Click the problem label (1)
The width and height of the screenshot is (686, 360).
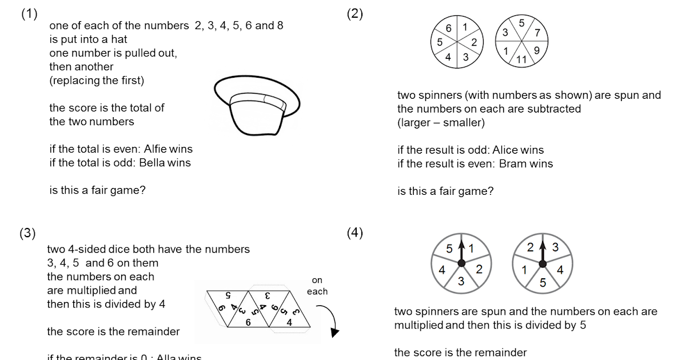[x=29, y=15]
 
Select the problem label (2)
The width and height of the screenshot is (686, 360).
[x=354, y=15]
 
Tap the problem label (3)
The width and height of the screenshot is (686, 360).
[x=27, y=233]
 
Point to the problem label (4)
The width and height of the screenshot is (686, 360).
[x=354, y=233]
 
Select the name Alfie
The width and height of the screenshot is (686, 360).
[x=153, y=149]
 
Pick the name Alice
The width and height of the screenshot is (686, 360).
[x=501, y=150]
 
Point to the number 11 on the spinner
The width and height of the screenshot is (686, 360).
[x=521, y=59]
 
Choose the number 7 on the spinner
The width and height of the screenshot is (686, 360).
[x=537, y=33]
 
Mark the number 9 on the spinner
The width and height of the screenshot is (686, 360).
[x=537, y=50]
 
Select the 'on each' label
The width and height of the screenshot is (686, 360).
[x=317, y=286]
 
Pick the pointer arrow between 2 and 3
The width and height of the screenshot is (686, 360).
[x=542, y=250]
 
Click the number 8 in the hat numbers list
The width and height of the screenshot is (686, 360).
[x=278, y=26]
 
